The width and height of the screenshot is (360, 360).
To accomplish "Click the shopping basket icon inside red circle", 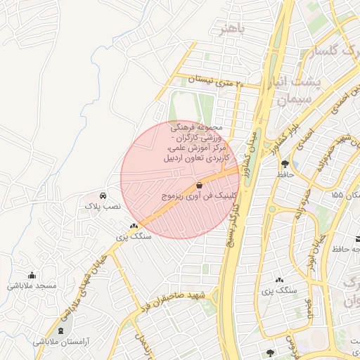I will (200, 185).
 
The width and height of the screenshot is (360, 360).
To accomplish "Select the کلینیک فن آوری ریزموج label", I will (191, 196).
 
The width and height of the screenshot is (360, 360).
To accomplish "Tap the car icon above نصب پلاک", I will (103, 195).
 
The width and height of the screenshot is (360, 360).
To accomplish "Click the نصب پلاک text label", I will (103, 207).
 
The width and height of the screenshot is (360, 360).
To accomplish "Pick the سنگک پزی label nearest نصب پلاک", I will (134, 237).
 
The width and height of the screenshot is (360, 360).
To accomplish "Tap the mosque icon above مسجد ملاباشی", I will (31, 275).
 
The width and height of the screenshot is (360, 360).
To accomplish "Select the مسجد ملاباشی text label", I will (32, 286).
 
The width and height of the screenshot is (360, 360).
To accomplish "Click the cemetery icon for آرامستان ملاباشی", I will (60, 330).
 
